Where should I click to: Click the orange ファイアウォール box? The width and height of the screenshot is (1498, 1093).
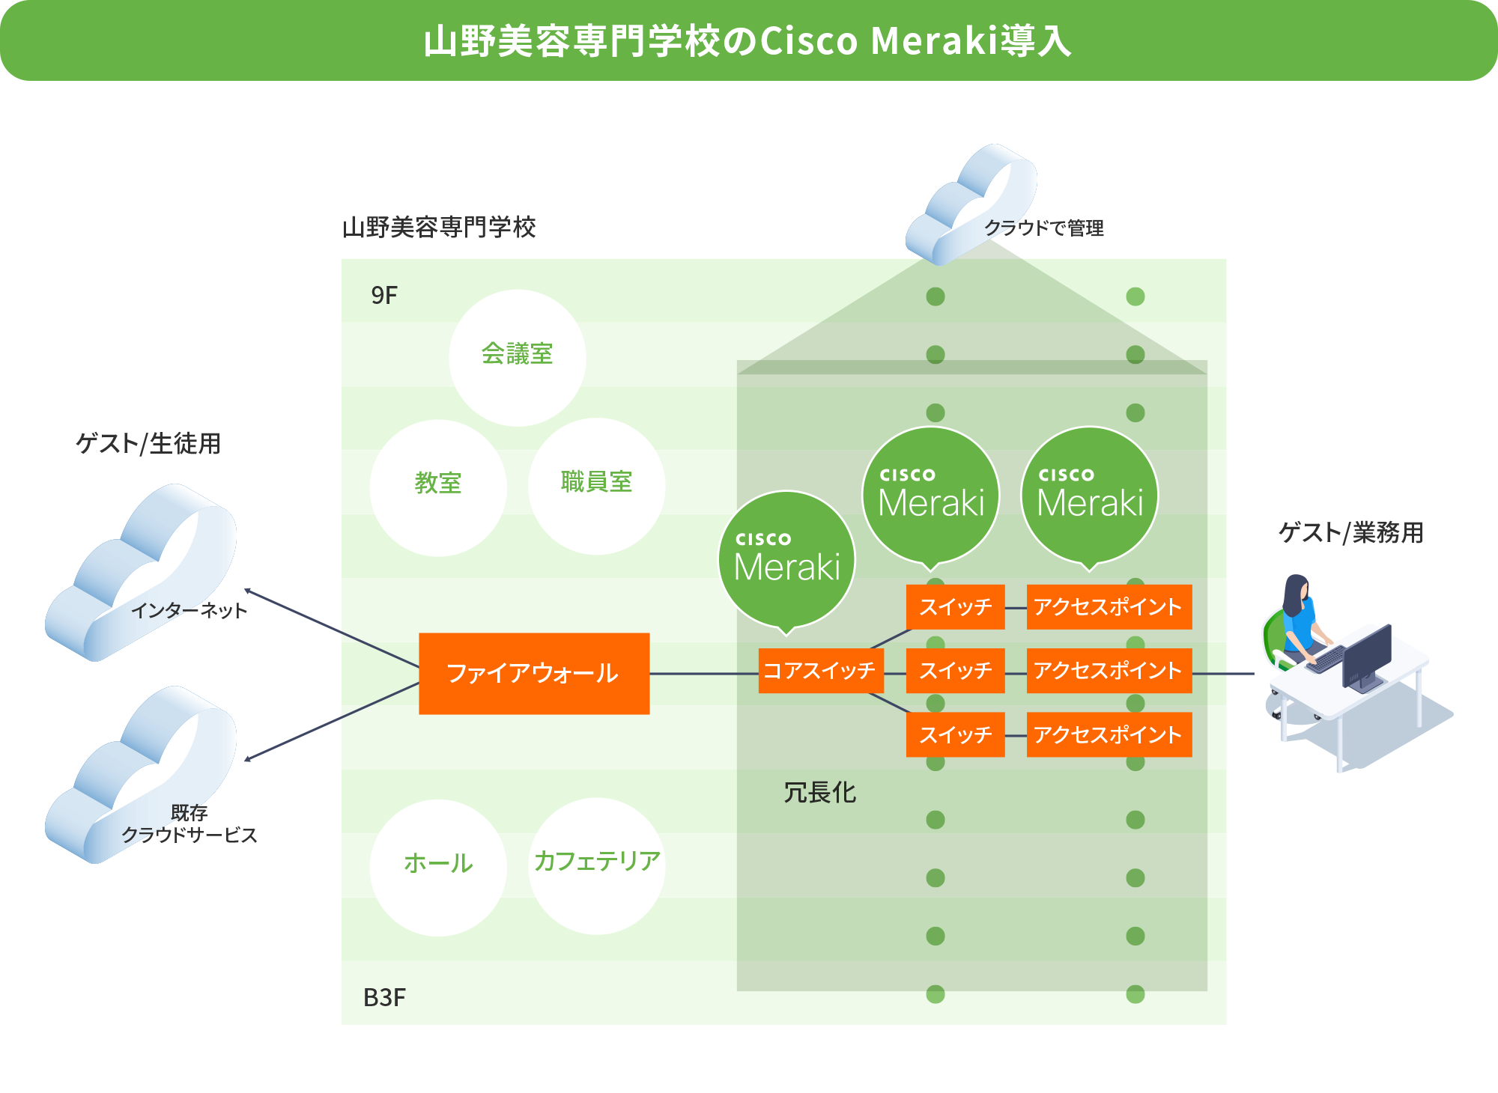click(x=533, y=673)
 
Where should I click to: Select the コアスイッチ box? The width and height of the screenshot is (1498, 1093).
click(x=819, y=670)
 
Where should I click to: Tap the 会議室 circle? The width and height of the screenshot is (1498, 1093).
click(x=517, y=357)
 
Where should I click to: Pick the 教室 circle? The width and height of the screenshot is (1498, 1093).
click(x=438, y=487)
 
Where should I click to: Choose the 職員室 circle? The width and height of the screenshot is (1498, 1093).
click(x=596, y=485)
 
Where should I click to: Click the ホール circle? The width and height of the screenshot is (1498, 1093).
click(x=438, y=866)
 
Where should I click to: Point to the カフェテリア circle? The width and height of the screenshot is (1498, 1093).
click(x=596, y=865)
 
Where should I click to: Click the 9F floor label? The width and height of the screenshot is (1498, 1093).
click(x=384, y=296)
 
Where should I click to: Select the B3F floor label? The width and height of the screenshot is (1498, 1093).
click(x=384, y=998)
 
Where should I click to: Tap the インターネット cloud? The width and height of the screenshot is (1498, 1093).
click(x=142, y=576)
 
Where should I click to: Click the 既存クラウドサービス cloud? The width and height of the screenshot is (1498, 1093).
click(x=142, y=779)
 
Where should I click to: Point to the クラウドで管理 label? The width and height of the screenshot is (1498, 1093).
click(x=1043, y=228)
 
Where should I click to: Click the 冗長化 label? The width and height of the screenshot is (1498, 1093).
click(x=819, y=792)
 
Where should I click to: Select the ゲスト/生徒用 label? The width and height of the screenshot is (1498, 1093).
click(x=148, y=443)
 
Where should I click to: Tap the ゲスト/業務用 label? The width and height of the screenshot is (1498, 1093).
click(x=1350, y=532)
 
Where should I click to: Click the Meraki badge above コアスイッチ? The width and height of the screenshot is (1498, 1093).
click(x=786, y=558)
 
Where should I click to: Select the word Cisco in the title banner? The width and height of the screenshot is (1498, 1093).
click(x=809, y=41)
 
